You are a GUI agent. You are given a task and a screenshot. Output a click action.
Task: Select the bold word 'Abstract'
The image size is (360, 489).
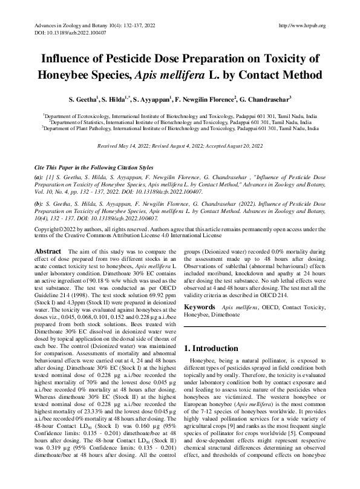point(48,250)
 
